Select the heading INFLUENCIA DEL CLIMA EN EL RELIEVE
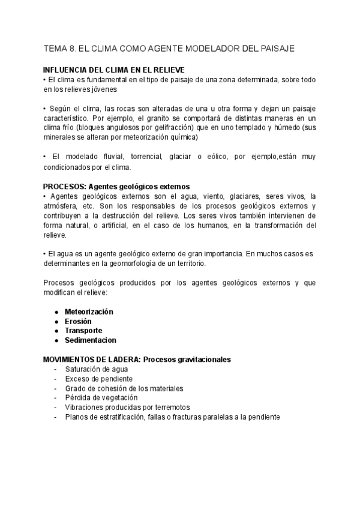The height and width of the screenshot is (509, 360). [x=114, y=70]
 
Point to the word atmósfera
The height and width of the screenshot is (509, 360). [x=61, y=205]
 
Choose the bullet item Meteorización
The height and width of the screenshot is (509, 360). [x=89, y=312]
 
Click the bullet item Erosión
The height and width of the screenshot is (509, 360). [x=78, y=321]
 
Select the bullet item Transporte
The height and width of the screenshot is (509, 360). [x=83, y=331]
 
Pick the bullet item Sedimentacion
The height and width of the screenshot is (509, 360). [x=91, y=340]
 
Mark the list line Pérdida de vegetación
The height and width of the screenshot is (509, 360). [x=102, y=397]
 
